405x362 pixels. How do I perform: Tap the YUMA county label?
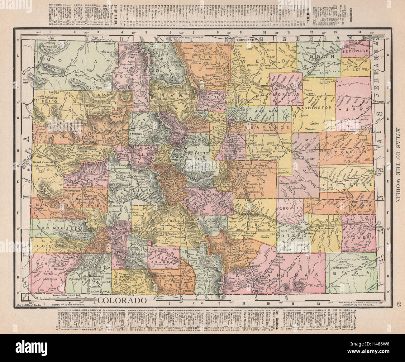pyautogui.click(x=354, y=110)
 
